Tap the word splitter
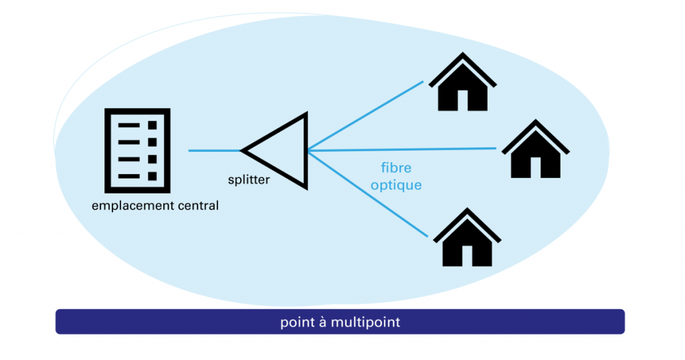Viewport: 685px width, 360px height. [250, 179]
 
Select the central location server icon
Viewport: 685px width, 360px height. [138, 151]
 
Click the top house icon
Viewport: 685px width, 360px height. [462, 84]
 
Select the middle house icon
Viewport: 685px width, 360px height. [535, 151]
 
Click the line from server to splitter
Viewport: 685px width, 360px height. [214, 151]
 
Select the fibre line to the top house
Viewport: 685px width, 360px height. [365, 116]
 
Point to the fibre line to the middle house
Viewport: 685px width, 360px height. [401, 149]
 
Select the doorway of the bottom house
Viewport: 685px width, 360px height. [467, 255]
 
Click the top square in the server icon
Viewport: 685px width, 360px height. [152, 126]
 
